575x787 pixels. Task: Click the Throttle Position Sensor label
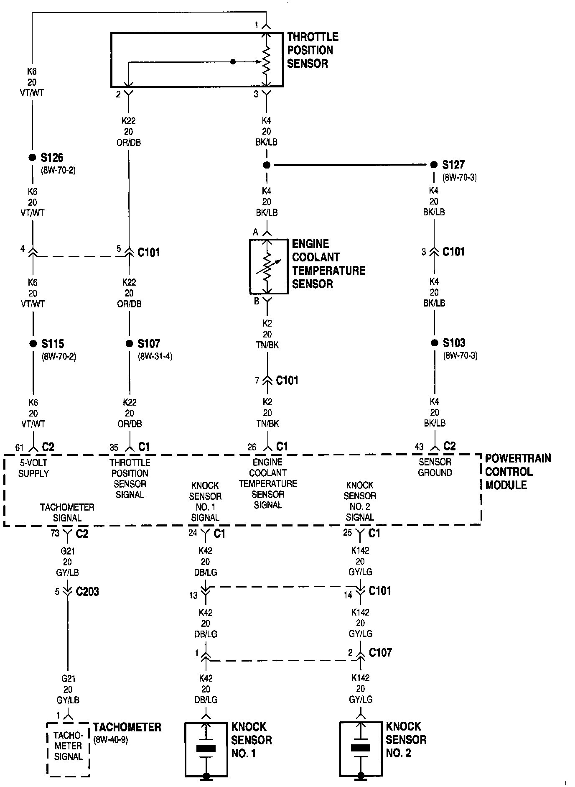pyautogui.click(x=312, y=50)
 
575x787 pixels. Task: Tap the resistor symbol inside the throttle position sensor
pyautogui.click(x=266, y=61)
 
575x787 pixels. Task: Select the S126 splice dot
pyautogui.click(x=32, y=158)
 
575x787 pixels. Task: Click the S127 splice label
pyautogui.click(x=453, y=165)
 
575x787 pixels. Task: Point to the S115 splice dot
pyautogui.click(x=33, y=344)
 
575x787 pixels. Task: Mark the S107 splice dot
pyautogui.click(x=129, y=344)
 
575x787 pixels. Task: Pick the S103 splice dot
pyautogui.click(x=435, y=343)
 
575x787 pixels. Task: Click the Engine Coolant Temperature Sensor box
pyautogui.click(x=269, y=266)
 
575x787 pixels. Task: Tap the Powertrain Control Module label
pyautogui.click(x=517, y=472)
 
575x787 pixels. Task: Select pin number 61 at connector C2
pyautogui.click(x=20, y=448)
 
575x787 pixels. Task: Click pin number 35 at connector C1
pyautogui.click(x=114, y=448)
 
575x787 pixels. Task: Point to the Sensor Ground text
pyautogui.click(x=435, y=468)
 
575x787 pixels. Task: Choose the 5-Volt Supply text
pyautogui.click(x=33, y=468)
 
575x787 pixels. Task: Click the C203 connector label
pyautogui.click(x=87, y=592)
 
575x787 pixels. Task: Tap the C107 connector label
pyautogui.click(x=380, y=653)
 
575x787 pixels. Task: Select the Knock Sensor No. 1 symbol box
pyautogui.click(x=206, y=749)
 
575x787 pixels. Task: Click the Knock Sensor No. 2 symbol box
pyautogui.click(x=361, y=749)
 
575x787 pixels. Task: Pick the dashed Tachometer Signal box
pyautogui.click(x=68, y=749)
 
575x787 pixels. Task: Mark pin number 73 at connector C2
pyautogui.click(x=55, y=534)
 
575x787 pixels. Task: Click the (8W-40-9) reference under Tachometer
pyautogui.click(x=111, y=740)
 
